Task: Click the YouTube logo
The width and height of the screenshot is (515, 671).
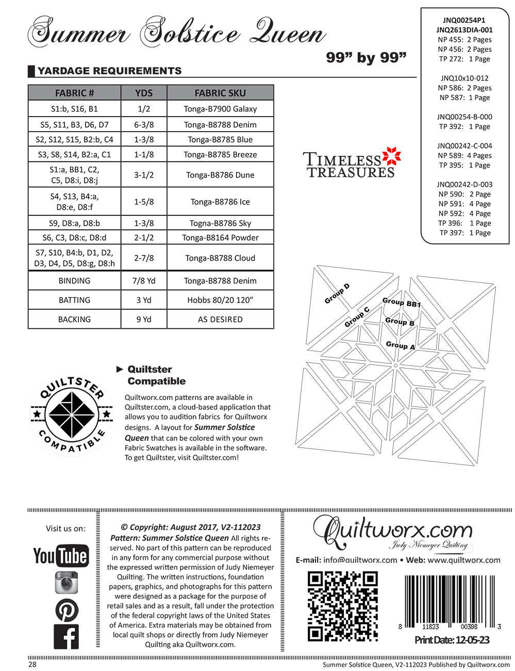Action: pos(61,555)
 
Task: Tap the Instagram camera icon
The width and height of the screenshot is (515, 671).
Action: pos(67,583)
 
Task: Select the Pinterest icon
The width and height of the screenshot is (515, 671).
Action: pos(67,610)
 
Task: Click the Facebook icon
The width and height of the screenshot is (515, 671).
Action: pos(67,636)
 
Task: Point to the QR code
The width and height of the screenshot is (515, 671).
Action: pos(342,606)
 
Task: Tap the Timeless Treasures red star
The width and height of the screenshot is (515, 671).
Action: pos(392,157)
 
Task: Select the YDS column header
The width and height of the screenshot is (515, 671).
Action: pos(144,93)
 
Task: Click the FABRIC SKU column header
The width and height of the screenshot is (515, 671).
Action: pos(220,93)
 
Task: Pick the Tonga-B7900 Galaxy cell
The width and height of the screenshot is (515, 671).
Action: pos(220,109)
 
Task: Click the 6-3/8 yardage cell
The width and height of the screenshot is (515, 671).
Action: pos(144,124)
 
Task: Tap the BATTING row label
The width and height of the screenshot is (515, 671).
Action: pos(74,300)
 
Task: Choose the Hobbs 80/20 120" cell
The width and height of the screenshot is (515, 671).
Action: pos(220,300)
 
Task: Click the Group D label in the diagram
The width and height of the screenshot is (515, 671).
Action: pos(337,294)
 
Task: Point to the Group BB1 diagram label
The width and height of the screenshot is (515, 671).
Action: pos(402,302)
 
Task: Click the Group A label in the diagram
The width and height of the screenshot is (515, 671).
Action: pos(401,345)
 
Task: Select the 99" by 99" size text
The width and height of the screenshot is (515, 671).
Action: pos(366,58)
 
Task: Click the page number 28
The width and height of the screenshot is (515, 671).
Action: pos(32,664)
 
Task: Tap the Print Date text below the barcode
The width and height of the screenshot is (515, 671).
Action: pos(452,641)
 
